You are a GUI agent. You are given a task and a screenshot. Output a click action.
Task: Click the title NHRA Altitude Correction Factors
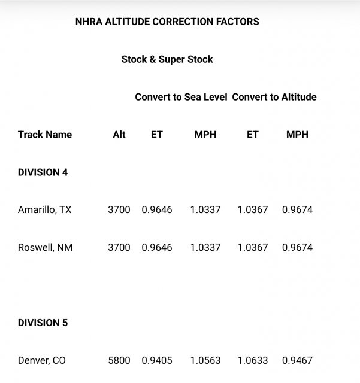pyautogui.click(x=167, y=22)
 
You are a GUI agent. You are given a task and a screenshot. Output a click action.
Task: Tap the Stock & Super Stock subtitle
pyautogui.click(x=167, y=59)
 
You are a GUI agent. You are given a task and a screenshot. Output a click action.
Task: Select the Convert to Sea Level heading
pyautogui.click(x=181, y=97)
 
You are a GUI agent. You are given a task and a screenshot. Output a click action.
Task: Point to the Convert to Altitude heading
pyautogui.click(x=274, y=97)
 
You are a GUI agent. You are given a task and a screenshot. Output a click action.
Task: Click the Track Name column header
pyautogui.click(x=45, y=135)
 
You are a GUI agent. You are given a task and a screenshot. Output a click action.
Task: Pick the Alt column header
pyautogui.click(x=119, y=135)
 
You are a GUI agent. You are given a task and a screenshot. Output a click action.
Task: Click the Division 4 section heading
pyautogui.click(x=43, y=172)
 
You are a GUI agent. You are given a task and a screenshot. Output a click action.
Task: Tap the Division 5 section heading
pyautogui.click(x=43, y=323)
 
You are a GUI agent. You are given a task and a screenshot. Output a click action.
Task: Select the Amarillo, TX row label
pyautogui.click(x=46, y=210)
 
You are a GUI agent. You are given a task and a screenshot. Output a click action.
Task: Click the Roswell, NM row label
pyautogui.click(x=46, y=247)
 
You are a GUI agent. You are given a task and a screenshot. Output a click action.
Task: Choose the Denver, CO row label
pyautogui.click(x=42, y=360)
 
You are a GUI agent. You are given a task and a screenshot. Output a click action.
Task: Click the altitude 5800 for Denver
pyautogui.click(x=119, y=360)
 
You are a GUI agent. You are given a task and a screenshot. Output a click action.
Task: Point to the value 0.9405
pyautogui.click(x=157, y=360)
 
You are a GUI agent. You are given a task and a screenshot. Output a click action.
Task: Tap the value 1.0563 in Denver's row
pyautogui.click(x=205, y=360)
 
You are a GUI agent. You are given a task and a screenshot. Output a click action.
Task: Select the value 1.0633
pyautogui.click(x=253, y=360)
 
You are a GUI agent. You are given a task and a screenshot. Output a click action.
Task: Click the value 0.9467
pyautogui.click(x=298, y=360)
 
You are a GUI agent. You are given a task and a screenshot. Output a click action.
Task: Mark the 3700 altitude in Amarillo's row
pyautogui.click(x=119, y=210)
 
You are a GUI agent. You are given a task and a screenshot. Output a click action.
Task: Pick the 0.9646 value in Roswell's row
pyautogui.click(x=157, y=247)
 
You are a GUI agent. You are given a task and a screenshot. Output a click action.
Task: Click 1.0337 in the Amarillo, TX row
pyautogui.click(x=205, y=210)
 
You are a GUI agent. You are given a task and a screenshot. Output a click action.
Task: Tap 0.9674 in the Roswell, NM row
pyautogui.click(x=298, y=247)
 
